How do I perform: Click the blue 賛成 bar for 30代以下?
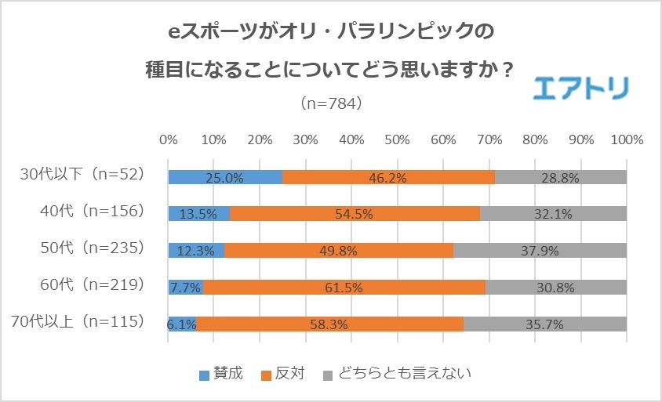(x=225, y=177)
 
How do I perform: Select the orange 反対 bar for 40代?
(x=355, y=213)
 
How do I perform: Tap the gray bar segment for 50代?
(x=540, y=250)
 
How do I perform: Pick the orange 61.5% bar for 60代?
(x=344, y=287)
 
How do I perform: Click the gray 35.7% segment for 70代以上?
(x=545, y=323)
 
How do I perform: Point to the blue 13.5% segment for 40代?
(x=199, y=213)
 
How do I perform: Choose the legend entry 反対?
(x=283, y=373)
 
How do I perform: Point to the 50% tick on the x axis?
(x=397, y=139)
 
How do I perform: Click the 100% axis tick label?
(x=626, y=139)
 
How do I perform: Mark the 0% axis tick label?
(x=168, y=139)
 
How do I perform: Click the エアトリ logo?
(x=580, y=88)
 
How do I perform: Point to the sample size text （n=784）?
(x=330, y=103)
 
